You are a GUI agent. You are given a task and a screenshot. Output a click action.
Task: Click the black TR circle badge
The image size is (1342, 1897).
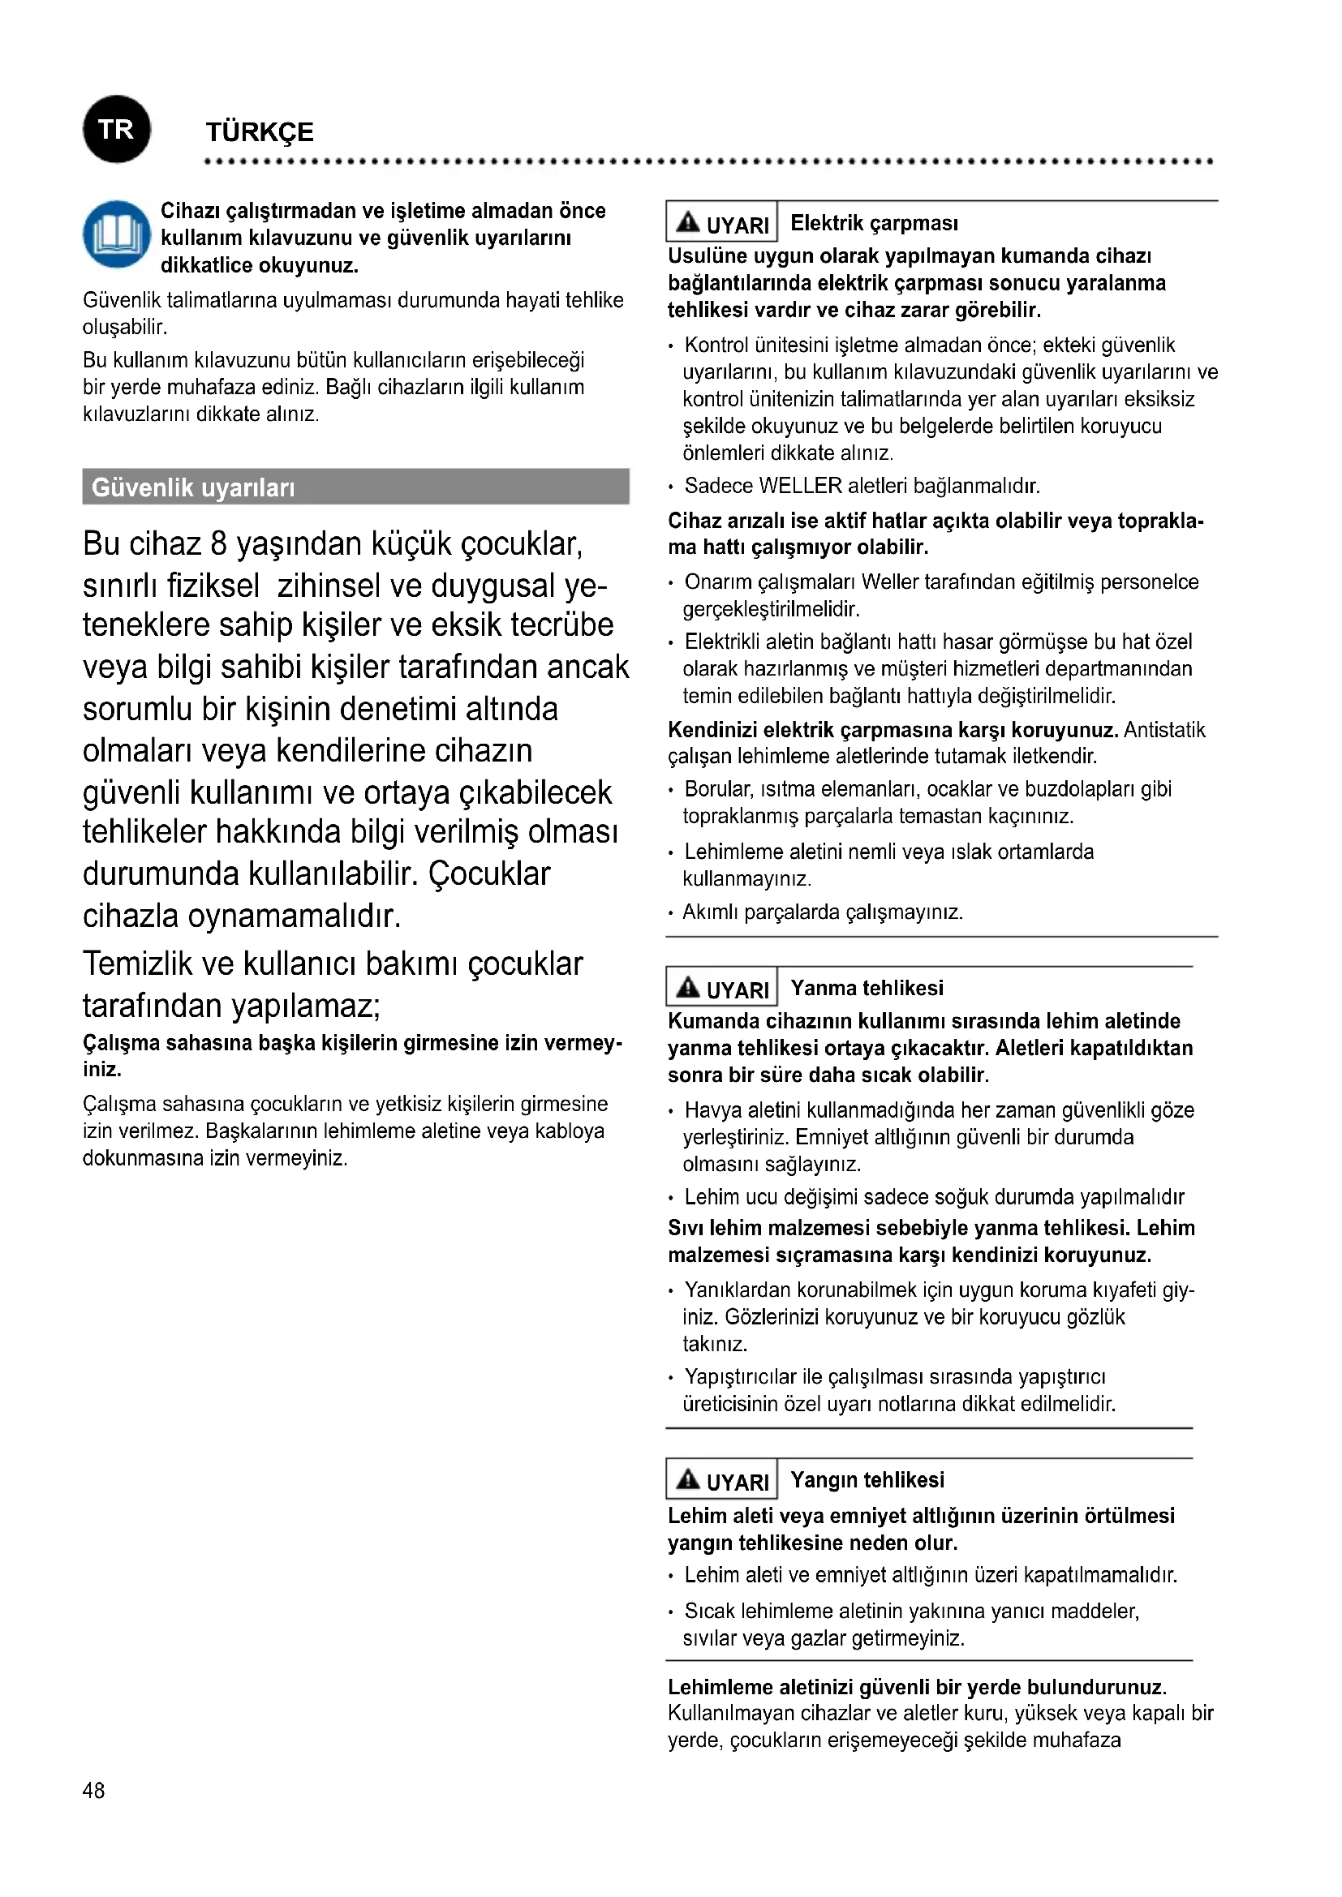point(117,129)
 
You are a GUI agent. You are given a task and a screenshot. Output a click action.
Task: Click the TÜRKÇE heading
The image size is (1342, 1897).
point(260,132)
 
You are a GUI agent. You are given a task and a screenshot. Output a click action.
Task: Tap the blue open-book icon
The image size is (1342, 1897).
point(117,234)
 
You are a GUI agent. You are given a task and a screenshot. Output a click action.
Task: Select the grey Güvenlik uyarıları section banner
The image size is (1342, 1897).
point(355,487)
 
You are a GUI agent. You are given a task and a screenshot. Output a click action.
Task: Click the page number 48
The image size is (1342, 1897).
point(93,1791)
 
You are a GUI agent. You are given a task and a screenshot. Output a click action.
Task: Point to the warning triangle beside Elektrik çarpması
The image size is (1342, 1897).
point(687,222)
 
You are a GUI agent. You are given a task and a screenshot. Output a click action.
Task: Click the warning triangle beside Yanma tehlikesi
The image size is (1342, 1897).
point(687,987)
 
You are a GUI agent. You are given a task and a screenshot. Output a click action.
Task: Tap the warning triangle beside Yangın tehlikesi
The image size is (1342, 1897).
point(687,1479)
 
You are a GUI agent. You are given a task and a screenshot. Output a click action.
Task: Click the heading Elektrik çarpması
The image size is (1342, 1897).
point(874,223)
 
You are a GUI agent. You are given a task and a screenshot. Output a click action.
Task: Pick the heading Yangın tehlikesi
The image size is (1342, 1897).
point(867,1480)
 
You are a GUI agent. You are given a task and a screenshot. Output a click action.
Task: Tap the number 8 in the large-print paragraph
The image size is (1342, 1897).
point(218,544)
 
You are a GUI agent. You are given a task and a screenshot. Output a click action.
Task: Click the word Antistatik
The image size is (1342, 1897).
point(1164,730)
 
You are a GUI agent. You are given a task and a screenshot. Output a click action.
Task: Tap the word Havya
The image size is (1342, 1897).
point(713,1110)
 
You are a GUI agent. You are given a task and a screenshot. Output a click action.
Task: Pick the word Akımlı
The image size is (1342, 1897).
point(710,912)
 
